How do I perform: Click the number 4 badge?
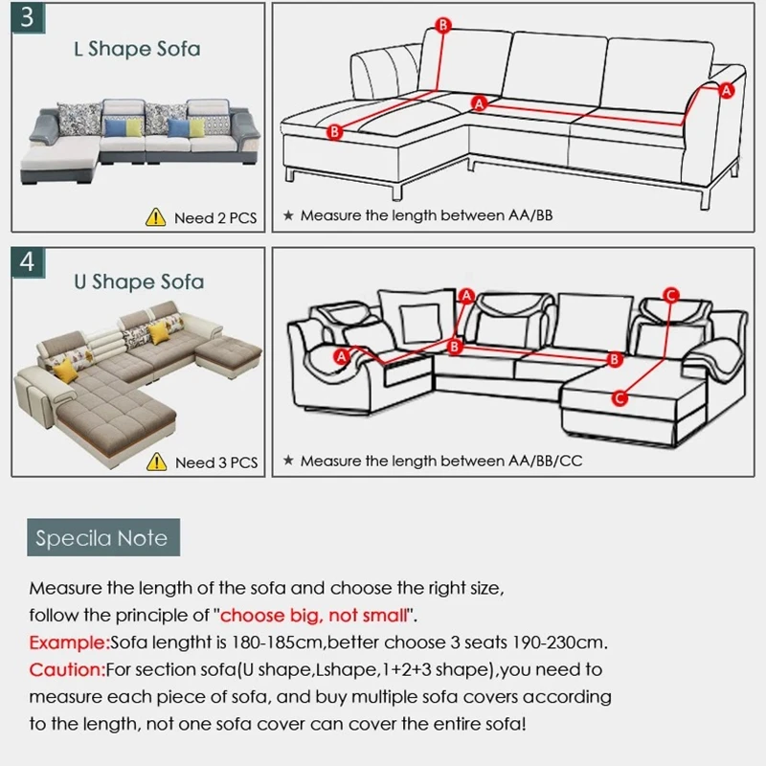(27, 262)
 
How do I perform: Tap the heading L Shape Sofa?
(137, 49)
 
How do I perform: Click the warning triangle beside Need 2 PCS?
(155, 217)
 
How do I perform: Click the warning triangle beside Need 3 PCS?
(155, 462)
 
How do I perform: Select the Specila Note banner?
(101, 537)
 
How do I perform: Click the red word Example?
(69, 642)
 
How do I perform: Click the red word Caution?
(66, 669)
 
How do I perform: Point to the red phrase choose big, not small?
(317, 614)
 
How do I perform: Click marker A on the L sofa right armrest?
(725, 90)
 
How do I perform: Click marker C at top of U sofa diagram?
(670, 294)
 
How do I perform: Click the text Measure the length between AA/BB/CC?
(440, 462)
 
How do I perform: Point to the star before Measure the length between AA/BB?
(288, 216)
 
